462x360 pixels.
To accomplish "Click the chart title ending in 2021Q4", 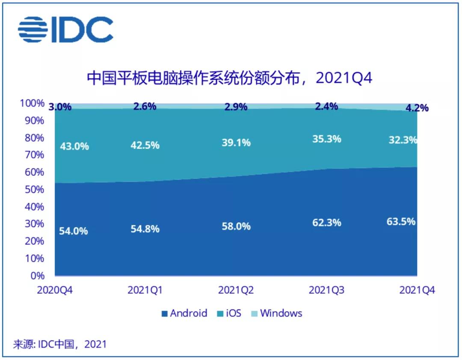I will click(x=230, y=78).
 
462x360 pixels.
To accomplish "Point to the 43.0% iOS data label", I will click(x=74, y=146).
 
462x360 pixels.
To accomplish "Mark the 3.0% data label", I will click(x=60, y=107).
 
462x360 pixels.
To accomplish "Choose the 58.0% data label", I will click(x=236, y=226).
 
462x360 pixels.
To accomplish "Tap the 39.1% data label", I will click(x=236, y=143).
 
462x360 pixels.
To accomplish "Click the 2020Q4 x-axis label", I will click(x=55, y=290).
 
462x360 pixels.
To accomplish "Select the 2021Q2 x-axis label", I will click(x=236, y=290).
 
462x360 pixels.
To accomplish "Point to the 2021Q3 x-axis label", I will click(x=327, y=290).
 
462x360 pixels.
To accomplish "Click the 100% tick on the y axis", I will click(x=32, y=103).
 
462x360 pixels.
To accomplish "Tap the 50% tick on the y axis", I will click(x=34, y=189).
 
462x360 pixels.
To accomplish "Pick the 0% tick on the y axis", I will click(x=37, y=275).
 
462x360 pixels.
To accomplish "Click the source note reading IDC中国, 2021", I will click(x=59, y=344).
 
